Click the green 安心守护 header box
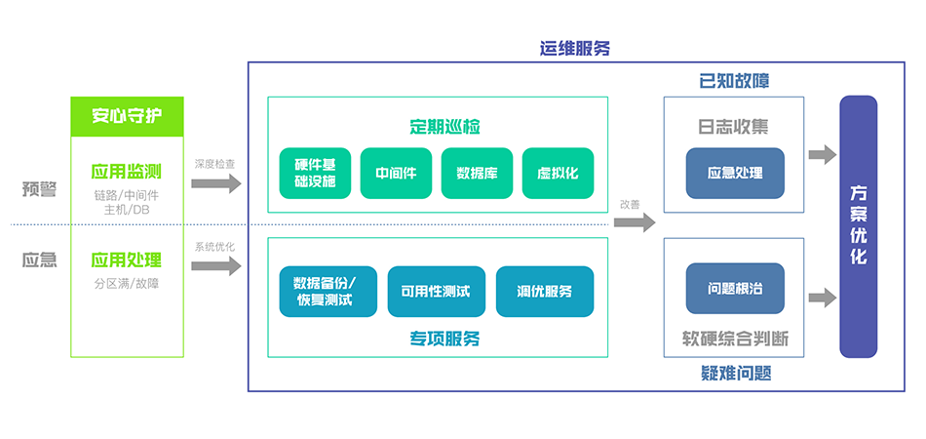(127, 116)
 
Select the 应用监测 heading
(127, 172)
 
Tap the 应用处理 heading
(127, 259)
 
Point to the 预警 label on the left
(40, 189)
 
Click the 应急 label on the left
(40, 259)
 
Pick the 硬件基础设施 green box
(315, 173)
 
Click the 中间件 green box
(396, 173)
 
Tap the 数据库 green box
(477, 173)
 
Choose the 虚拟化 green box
(558, 173)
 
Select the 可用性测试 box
(436, 291)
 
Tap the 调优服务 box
(545, 291)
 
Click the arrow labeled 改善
(636, 221)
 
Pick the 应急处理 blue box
(735, 173)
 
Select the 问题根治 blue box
(735, 289)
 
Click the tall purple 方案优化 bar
(858, 226)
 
